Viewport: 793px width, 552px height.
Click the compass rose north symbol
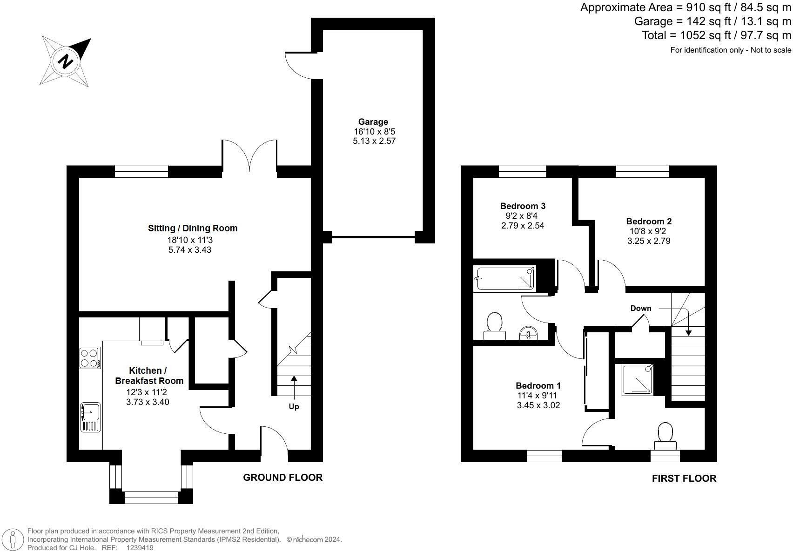(66, 61)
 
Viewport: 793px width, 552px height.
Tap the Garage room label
(373, 122)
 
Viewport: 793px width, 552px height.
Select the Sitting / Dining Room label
(193, 228)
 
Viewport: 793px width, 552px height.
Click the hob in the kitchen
(90, 358)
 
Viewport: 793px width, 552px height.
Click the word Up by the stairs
(294, 406)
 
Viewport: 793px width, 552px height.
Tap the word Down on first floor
(641, 308)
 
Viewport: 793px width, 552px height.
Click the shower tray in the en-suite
(638, 380)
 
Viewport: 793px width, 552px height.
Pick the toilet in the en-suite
(665, 437)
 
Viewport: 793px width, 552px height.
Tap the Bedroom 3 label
(523, 206)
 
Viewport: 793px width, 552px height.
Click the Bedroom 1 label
(538, 385)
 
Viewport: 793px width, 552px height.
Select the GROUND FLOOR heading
(282, 477)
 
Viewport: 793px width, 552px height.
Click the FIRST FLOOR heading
(684, 478)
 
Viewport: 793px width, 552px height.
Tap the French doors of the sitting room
(250, 156)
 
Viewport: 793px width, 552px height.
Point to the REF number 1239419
(140, 548)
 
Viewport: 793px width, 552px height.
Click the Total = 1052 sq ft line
(716, 35)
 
